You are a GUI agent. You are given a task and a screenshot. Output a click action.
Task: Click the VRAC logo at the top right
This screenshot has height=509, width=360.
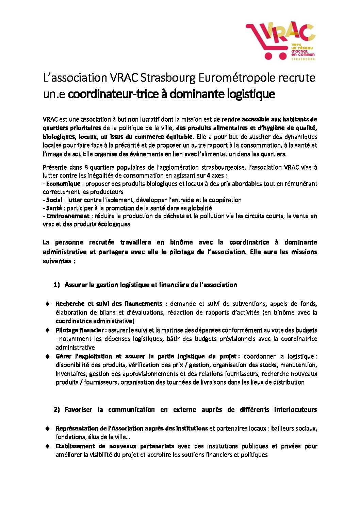(280, 41)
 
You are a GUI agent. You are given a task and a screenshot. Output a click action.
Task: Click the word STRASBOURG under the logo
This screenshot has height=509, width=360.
(303, 59)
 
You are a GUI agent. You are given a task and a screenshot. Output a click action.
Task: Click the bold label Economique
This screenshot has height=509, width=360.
(63, 184)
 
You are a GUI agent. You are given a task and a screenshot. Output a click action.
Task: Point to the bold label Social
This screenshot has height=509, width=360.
(54, 200)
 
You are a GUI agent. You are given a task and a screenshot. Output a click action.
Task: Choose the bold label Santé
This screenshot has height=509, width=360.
(54, 208)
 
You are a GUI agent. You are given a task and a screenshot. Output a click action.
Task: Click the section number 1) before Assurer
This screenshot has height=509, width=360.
(56, 285)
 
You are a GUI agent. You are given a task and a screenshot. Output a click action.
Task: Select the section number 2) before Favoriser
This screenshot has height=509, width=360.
(56, 410)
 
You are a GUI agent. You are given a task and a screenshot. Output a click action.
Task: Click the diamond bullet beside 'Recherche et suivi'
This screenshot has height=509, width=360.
(48, 304)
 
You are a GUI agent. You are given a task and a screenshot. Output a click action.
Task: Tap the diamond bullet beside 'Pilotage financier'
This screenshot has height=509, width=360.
(48, 330)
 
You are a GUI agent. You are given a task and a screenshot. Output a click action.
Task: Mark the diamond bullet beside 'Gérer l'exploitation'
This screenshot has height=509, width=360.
(48, 356)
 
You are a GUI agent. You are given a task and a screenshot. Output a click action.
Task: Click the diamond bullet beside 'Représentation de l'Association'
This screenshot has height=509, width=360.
(48, 428)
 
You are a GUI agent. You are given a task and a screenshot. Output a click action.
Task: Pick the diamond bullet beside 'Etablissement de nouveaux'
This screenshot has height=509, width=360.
(48, 446)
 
